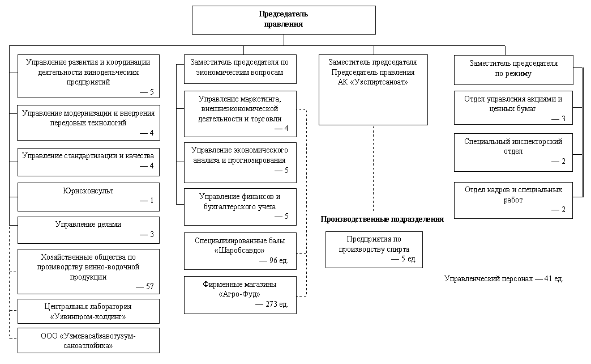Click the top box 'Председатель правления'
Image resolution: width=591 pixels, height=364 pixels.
pos(284,20)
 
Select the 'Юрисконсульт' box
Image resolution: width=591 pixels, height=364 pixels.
pos(88,197)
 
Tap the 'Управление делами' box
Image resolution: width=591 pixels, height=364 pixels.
pos(88,230)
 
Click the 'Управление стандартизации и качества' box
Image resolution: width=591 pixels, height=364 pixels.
pos(88,162)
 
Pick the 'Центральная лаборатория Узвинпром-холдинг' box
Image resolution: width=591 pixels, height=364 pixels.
pos(88,311)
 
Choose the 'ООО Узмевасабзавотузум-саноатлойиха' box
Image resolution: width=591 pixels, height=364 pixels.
pos(88,341)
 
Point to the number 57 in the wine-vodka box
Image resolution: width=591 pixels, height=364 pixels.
pos(149,286)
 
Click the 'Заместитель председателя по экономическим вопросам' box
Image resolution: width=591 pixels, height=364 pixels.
pos(240,69)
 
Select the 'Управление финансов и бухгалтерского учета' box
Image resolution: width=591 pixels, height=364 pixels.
pos(240,207)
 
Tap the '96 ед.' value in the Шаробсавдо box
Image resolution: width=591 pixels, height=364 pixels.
pos(279,261)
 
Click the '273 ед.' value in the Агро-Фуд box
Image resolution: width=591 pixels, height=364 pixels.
pos(277,304)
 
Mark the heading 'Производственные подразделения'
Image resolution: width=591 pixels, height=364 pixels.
pos(382,219)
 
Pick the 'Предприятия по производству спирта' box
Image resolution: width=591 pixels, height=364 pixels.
pos(374,249)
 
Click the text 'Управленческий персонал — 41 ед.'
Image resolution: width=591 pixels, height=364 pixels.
pos(504,279)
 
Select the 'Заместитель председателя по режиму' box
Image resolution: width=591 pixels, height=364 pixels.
pos(513,70)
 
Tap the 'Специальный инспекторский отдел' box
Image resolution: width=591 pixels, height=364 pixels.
pos(513,153)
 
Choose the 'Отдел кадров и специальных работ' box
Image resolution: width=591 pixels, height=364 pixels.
pos(513,201)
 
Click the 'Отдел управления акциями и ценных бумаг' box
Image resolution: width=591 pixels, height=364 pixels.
pos(513,108)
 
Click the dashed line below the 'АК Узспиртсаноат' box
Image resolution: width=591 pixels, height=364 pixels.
pos(374,168)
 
